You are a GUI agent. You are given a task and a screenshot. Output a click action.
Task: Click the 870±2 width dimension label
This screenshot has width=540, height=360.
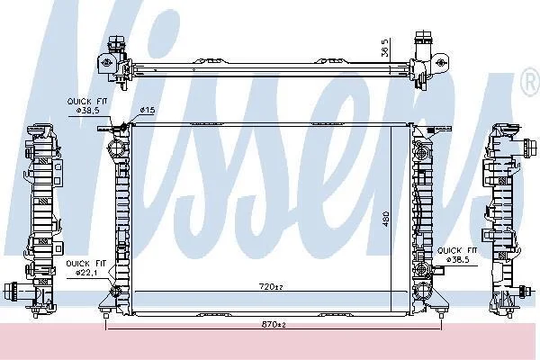[x=273, y=324]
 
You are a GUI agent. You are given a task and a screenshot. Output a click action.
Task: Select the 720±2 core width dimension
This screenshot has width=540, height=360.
[x=271, y=286]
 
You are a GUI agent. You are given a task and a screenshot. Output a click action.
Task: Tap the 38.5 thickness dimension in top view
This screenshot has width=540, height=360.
[x=385, y=47]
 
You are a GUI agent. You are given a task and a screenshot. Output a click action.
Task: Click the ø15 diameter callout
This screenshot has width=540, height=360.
[x=147, y=110]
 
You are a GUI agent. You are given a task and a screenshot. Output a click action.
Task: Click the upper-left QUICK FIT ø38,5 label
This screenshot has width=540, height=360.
[x=87, y=106]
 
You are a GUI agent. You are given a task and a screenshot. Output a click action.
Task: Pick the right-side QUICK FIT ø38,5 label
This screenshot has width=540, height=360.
[x=457, y=255]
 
